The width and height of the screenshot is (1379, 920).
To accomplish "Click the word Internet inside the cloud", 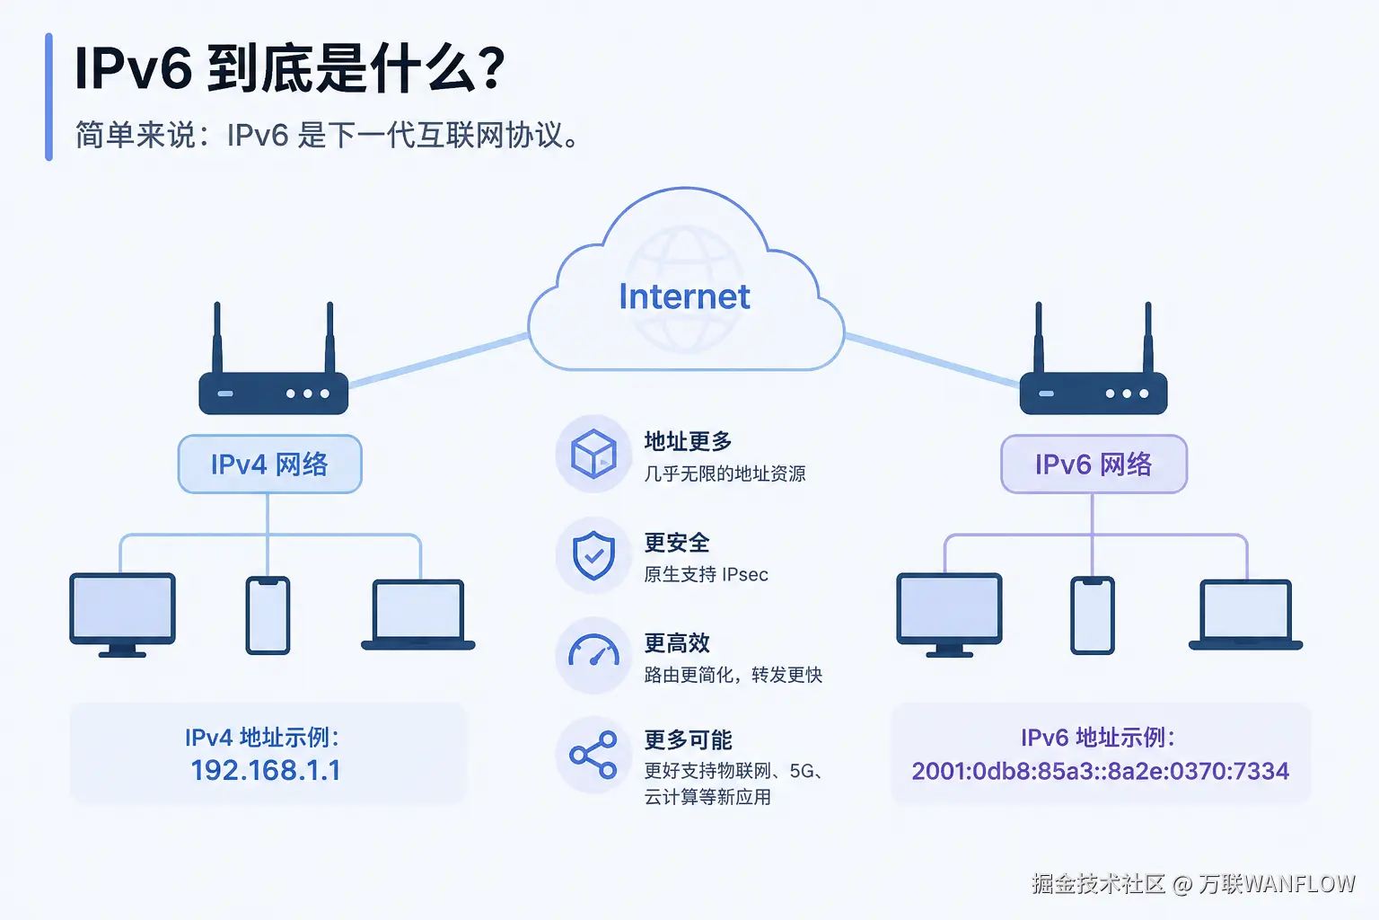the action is tap(684, 296).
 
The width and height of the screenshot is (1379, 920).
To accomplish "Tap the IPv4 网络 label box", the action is tap(269, 464).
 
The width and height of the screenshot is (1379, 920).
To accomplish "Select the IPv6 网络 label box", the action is tap(1094, 464).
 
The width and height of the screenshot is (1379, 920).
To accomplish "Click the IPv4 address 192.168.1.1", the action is tap(266, 770).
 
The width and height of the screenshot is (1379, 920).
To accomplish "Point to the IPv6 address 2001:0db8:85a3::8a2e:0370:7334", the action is tap(1100, 771).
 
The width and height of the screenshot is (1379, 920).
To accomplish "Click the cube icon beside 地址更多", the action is tap(593, 454).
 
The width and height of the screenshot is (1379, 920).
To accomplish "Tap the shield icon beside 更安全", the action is tap(593, 555).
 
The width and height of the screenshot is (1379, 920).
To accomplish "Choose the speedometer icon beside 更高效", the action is tap(593, 650).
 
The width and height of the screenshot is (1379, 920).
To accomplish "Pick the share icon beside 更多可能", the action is tap(593, 755).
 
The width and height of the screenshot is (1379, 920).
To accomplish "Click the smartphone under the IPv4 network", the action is tap(268, 615).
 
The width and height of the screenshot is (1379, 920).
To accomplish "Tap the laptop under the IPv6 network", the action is tap(1245, 615).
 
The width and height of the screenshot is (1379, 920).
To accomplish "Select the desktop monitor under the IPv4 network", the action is tap(122, 615).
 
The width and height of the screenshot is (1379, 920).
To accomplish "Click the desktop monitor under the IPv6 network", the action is tap(949, 615).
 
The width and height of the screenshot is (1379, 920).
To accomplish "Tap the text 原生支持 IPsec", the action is tap(707, 574).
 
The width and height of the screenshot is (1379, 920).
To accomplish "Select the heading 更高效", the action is tap(677, 642).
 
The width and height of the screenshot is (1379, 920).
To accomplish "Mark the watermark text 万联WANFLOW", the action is tap(1276, 884).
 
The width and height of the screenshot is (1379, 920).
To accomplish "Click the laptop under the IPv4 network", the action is tap(418, 615).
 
